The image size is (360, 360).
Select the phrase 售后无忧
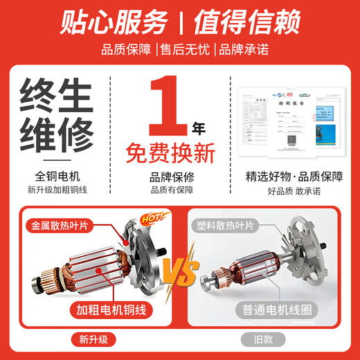[x=181, y=50]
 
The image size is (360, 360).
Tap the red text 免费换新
[x=180, y=152]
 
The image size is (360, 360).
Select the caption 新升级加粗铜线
[x=61, y=190]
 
